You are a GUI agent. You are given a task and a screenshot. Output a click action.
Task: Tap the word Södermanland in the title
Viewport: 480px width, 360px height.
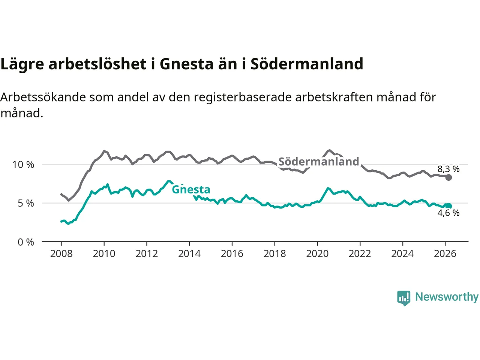tap(307, 64)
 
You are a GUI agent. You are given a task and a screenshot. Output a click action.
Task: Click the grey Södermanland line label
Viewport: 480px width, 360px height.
tap(319, 162)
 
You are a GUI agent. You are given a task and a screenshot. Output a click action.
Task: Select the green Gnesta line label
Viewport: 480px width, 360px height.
tap(191, 189)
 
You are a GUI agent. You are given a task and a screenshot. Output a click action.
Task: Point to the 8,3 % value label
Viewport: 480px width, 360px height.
tap(448, 169)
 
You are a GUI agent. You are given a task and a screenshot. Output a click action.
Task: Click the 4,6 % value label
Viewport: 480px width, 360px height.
tap(448, 213)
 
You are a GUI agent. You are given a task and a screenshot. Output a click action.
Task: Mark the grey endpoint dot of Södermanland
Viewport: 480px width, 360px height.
tap(448, 177)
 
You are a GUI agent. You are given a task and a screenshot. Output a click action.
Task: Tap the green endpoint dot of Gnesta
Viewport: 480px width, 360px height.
tap(448, 206)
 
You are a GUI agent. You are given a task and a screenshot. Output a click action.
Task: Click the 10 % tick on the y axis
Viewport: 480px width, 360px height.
tap(23, 165)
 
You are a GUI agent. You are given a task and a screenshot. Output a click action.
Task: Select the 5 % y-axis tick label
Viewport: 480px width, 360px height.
tap(26, 203)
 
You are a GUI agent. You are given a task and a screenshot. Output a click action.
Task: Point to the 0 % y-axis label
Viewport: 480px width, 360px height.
tap(26, 242)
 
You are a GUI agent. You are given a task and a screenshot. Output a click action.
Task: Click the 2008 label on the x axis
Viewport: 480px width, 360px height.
tap(61, 254)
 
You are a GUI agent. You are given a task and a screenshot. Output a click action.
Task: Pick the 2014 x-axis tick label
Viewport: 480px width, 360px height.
tap(189, 254)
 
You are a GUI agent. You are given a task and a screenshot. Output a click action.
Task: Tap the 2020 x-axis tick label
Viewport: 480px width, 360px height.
tap(317, 254)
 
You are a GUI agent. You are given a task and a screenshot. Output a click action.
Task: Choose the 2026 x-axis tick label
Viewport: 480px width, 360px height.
tap(445, 254)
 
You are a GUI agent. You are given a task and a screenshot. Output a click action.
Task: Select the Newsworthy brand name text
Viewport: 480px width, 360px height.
tap(447, 297)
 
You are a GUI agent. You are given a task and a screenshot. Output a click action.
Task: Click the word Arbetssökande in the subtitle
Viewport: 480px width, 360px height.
tap(43, 97)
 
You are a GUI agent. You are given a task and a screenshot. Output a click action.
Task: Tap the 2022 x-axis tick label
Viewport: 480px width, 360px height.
tap(360, 254)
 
